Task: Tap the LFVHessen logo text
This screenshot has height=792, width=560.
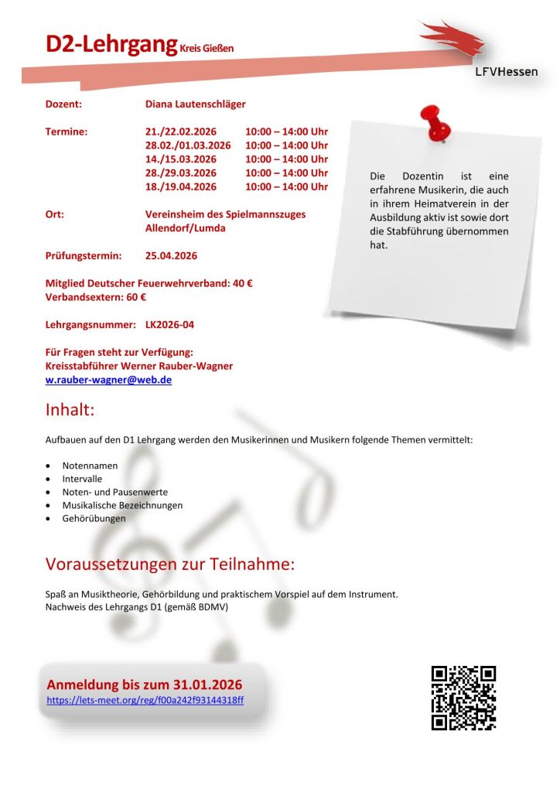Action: (x=506, y=72)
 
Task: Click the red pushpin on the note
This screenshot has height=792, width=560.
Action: (x=434, y=124)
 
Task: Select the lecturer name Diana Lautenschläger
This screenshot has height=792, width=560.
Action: (x=195, y=104)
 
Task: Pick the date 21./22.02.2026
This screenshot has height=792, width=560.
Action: (x=181, y=131)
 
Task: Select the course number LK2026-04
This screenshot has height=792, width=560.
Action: (x=169, y=325)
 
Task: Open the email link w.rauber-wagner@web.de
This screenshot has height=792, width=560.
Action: (x=108, y=380)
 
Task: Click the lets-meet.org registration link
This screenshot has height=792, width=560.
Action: (x=145, y=700)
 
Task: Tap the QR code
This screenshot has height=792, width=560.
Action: (x=463, y=698)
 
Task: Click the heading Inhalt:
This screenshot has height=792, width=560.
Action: (x=70, y=410)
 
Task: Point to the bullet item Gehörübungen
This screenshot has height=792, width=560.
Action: (x=94, y=518)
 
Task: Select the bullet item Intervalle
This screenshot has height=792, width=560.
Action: (x=82, y=479)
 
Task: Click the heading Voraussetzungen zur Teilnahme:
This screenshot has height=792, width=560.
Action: (x=170, y=565)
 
